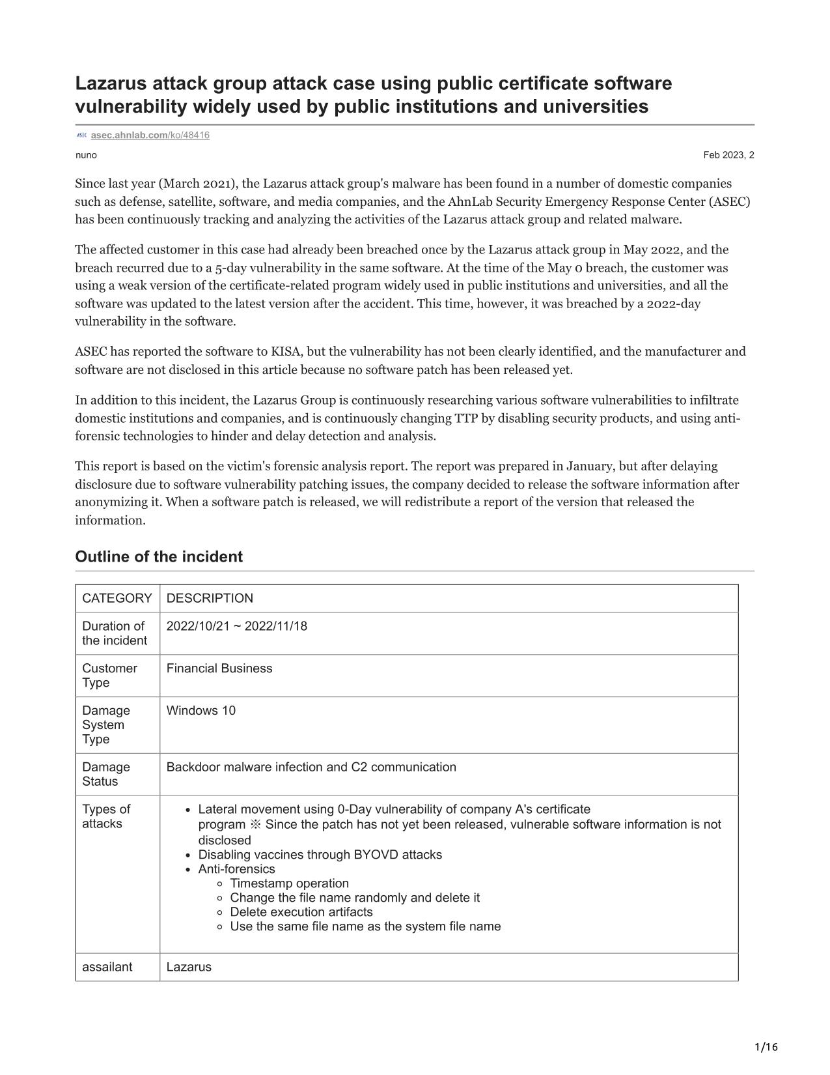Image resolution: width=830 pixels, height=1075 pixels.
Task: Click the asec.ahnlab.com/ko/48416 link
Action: (x=150, y=135)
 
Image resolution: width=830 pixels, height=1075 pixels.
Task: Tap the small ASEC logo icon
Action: (x=81, y=135)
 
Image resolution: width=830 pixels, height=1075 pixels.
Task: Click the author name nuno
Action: (x=86, y=155)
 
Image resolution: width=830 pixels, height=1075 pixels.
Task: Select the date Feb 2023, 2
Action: (x=728, y=155)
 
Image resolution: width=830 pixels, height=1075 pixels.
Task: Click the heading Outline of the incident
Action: (x=159, y=556)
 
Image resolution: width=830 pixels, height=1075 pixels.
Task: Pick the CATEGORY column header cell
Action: (x=117, y=598)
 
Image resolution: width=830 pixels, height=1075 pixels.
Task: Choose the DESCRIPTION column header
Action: (x=210, y=598)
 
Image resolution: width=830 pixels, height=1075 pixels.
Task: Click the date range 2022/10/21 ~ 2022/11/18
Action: (x=237, y=626)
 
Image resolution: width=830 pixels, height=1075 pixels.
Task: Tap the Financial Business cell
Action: (x=219, y=668)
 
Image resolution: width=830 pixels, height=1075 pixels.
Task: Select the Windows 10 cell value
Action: (x=201, y=710)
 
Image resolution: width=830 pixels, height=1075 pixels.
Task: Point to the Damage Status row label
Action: (x=106, y=774)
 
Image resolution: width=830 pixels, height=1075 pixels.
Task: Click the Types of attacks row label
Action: (x=106, y=816)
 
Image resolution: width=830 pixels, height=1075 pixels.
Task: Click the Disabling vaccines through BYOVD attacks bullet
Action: (x=320, y=854)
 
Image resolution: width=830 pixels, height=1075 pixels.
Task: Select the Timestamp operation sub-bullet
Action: (x=289, y=883)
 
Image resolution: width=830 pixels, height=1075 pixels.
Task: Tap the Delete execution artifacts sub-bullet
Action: (x=301, y=911)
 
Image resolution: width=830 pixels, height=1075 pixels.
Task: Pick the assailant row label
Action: (x=107, y=966)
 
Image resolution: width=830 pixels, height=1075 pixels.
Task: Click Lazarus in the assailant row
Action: (x=189, y=967)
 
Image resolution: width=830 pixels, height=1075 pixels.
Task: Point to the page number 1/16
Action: (x=766, y=1047)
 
